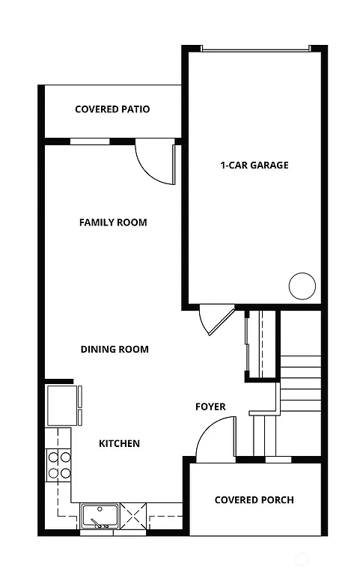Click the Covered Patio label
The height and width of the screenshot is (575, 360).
tap(112, 109)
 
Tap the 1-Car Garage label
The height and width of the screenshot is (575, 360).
tap(254, 165)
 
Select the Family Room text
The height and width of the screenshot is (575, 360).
tap(113, 222)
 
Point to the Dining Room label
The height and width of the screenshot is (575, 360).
tap(115, 349)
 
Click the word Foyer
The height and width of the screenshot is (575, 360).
tap(210, 407)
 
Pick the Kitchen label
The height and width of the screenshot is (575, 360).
tap(120, 443)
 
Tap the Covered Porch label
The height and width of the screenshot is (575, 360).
tap(254, 499)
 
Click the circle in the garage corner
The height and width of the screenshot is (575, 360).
tap(302, 286)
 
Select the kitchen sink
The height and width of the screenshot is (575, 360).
tap(100, 516)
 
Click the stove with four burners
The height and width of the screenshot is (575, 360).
tap(58, 464)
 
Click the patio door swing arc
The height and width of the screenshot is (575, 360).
tap(154, 163)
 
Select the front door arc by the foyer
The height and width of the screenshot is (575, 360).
tap(216, 440)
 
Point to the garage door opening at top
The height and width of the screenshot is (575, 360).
tap(254, 49)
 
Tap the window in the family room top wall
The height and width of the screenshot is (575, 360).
tap(89, 141)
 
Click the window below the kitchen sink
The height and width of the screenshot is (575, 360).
tap(99, 532)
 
